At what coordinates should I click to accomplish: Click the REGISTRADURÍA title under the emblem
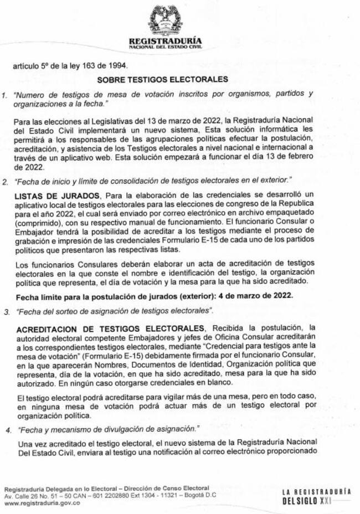coord(165,41)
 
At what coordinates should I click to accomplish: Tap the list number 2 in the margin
coord(4,181)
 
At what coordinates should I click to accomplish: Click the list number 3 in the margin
coord(7,312)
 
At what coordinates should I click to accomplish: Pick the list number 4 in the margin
coord(7,429)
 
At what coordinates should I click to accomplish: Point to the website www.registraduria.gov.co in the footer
coord(42,503)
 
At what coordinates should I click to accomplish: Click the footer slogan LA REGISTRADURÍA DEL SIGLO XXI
coord(316,496)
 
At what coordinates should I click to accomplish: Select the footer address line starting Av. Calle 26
coord(109,495)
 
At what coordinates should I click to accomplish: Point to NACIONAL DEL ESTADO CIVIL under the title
coord(165,48)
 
